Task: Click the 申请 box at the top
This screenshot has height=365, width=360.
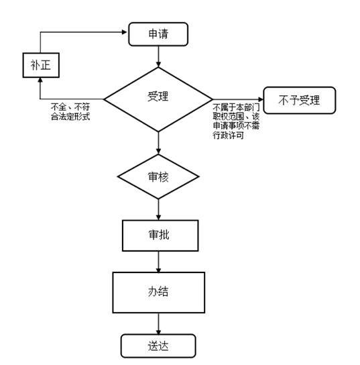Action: pyautogui.click(x=158, y=34)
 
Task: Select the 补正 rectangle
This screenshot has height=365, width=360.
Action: pyautogui.click(x=41, y=65)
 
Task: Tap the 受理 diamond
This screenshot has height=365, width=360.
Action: pyautogui.click(x=158, y=99)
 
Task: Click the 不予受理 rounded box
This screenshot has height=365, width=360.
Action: pyautogui.click(x=300, y=101)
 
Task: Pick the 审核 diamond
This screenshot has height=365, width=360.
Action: pyautogui.click(x=158, y=176)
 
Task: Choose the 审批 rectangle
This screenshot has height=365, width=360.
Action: pyautogui.click(x=160, y=236)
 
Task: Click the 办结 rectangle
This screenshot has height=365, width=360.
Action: pyautogui.click(x=159, y=293)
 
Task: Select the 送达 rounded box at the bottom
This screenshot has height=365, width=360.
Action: pyautogui.click(x=158, y=346)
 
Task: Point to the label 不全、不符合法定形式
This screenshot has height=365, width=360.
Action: pyautogui.click(x=70, y=112)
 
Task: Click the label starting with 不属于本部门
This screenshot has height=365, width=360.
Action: pyautogui.click(x=236, y=121)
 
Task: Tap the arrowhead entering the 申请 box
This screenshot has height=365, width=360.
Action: pyautogui.click(x=125, y=32)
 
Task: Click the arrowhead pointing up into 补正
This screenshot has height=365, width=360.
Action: pyautogui.click(x=40, y=80)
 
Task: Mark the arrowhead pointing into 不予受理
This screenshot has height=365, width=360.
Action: pyautogui.click(x=261, y=99)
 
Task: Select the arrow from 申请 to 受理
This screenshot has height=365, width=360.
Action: pyautogui.click(x=158, y=56)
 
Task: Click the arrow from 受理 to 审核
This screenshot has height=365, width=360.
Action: pyautogui.click(x=158, y=143)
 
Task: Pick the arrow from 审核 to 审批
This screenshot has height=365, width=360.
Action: pyautogui.click(x=158, y=209)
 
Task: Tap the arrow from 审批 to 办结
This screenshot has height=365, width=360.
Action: pyautogui.click(x=158, y=262)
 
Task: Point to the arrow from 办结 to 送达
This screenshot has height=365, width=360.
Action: pyautogui.click(x=158, y=323)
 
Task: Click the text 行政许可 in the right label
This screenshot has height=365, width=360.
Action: pyautogui.click(x=228, y=136)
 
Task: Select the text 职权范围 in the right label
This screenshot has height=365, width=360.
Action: pyautogui.click(x=228, y=117)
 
